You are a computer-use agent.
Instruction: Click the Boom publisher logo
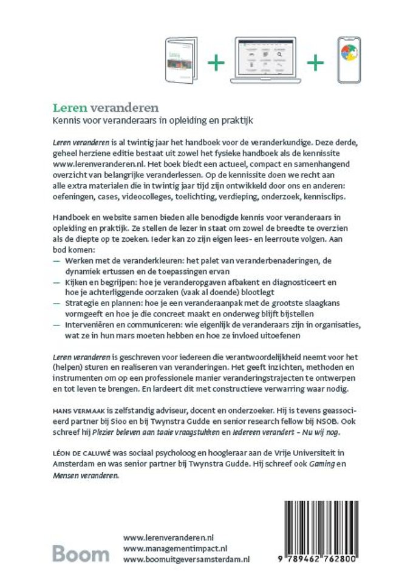point(80,553)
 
